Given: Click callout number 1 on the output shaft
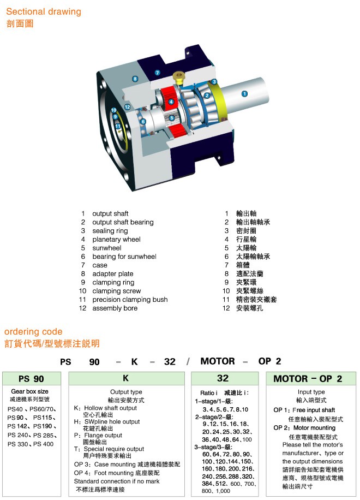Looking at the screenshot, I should pyautogui.click(x=244, y=93).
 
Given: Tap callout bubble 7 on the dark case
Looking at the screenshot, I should pyautogui.click(x=157, y=72).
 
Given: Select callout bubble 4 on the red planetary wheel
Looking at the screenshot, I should pyautogui.click(x=171, y=102).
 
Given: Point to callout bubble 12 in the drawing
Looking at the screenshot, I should pyautogui.click(x=127, y=107).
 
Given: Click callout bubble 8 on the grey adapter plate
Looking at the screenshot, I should pyautogui.click(x=135, y=79).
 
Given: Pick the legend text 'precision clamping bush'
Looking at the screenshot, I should pyautogui.click(x=130, y=300).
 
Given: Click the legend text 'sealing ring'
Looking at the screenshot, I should pyautogui.click(x=110, y=231).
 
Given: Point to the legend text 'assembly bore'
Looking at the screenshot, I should pyautogui.click(x=115, y=308).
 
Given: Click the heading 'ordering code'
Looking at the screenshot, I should pyautogui.click(x=33, y=331).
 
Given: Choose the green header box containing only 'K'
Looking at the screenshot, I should pyautogui.click(x=126, y=378).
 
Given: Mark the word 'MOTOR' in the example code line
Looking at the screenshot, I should pyautogui.click(x=217, y=361).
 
